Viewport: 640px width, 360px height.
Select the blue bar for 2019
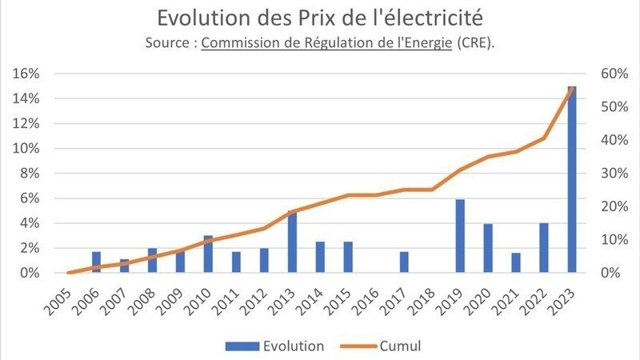click(460, 236)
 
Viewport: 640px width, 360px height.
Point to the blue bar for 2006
click(96, 262)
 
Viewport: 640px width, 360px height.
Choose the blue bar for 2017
click(404, 262)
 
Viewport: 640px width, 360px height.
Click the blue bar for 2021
click(516, 263)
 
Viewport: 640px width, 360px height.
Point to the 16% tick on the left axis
click(27, 74)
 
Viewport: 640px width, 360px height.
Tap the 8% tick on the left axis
click(30, 174)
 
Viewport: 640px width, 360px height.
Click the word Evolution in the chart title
click(196, 18)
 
